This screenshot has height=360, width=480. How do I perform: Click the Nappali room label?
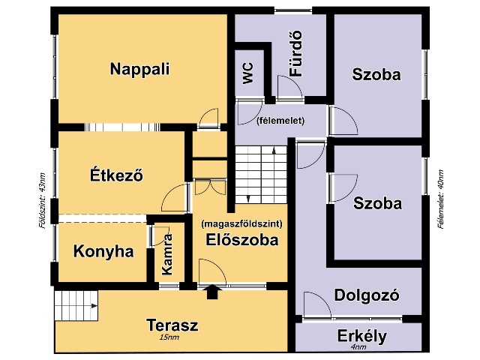(x=139, y=69)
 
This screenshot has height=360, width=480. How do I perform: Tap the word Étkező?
(x=116, y=175)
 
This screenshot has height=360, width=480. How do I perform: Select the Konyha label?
(x=103, y=252)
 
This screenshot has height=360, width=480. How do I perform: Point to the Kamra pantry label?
(x=167, y=254)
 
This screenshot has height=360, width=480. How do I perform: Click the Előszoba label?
(x=241, y=240)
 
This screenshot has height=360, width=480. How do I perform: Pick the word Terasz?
(x=172, y=325)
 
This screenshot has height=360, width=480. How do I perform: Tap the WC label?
(x=248, y=73)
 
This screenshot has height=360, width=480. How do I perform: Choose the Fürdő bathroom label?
(x=296, y=53)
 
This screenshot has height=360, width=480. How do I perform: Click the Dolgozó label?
(x=367, y=295)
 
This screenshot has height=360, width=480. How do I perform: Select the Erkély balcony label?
(x=362, y=337)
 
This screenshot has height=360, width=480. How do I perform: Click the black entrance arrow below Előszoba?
(x=212, y=292)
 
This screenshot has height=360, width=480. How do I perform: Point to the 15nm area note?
(x=169, y=337)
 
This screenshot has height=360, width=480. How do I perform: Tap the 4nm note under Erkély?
(x=358, y=347)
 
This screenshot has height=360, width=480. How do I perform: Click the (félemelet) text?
(x=280, y=121)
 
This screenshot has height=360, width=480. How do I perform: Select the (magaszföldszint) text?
(x=241, y=223)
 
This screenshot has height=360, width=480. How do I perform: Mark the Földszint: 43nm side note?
(x=42, y=201)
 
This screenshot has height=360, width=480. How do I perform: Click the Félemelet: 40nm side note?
(x=440, y=199)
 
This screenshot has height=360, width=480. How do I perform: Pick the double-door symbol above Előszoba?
(x=211, y=187)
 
